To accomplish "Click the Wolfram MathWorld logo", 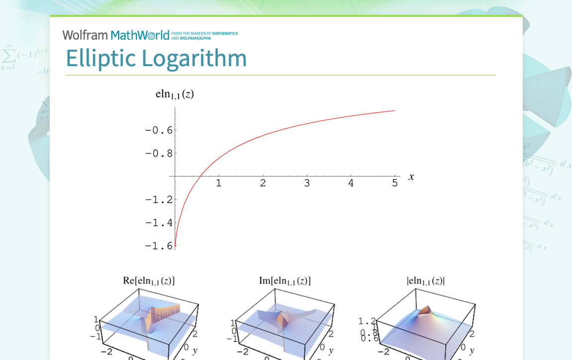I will click(116, 35).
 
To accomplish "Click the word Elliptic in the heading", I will click(100, 58).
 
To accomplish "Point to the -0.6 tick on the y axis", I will click(158, 130).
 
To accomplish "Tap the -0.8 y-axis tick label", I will click(158, 154).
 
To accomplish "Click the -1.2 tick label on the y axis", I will click(158, 200).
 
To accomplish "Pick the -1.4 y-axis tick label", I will click(158, 223).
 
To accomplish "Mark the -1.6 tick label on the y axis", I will click(158, 246).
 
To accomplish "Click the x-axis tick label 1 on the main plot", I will click(218, 183).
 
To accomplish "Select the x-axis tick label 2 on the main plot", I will click(263, 183).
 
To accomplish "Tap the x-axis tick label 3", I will click(307, 183).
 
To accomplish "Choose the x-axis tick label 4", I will click(351, 183).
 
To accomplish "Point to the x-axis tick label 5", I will click(395, 183).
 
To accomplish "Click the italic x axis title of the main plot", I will click(411, 177).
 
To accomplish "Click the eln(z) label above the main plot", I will click(175, 94).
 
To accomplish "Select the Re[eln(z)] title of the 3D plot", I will click(149, 281).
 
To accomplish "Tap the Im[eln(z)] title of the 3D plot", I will click(285, 281).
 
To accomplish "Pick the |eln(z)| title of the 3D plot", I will click(426, 281).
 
